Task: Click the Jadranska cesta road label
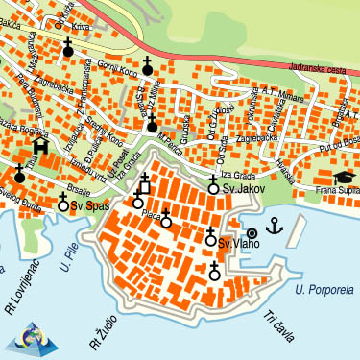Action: (323, 70)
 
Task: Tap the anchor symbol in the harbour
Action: (275, 227)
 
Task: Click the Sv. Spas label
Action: (89, 205)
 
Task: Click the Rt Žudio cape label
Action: (100, 326)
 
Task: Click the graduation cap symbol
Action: (343, 178)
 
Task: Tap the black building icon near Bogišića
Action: (39, 146)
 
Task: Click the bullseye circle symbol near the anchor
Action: (252, 232)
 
